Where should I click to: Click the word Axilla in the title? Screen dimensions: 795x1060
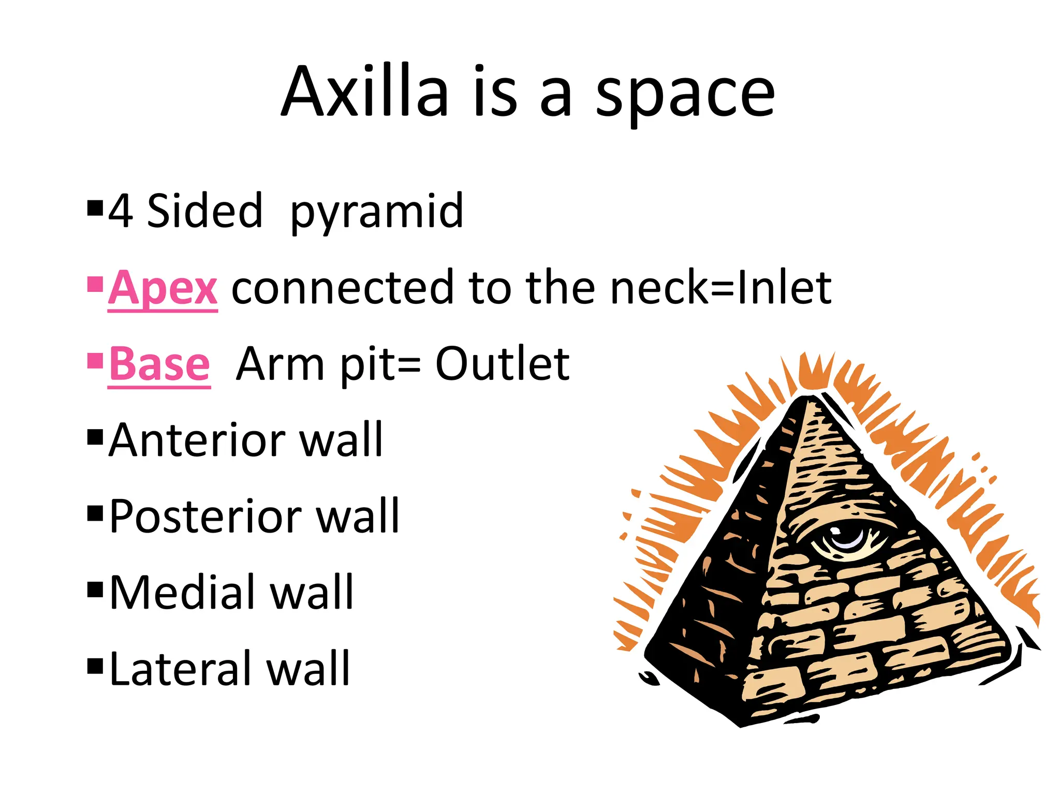(x=365, y=92)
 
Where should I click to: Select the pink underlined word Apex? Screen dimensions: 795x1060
(x=163, y=288)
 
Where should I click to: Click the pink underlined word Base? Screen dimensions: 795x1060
(x=159, y=364)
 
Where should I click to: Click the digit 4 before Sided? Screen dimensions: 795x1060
(x=120, y=211)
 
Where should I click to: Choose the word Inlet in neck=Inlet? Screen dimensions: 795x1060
(x=784, y=287)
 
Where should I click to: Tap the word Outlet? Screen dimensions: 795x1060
(x=502, y=364)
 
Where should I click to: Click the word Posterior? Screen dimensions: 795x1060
(x=206, y=516)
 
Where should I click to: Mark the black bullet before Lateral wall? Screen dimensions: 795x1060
(x=95, y=665)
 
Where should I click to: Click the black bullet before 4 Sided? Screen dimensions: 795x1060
(x=95, y=208)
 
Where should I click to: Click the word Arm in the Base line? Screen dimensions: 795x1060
(x=280, y=364)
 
